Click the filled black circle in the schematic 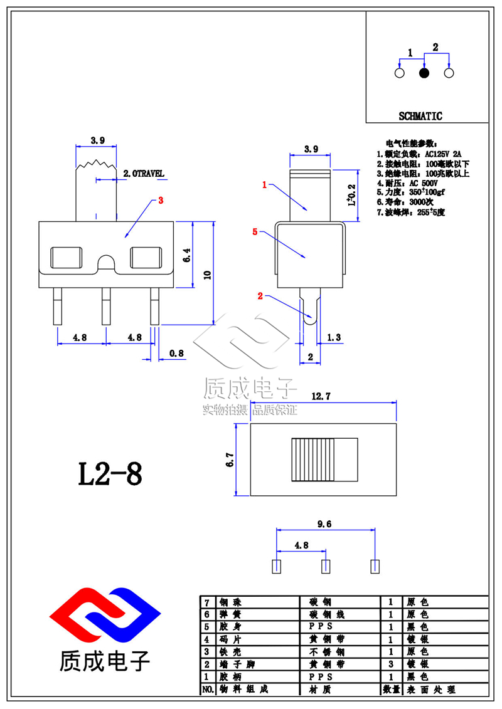click(x=424, y=73)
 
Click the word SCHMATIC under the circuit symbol click(x=420, y=116)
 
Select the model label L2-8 click(x=110, y=475)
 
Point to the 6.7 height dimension click(x=230, y=460)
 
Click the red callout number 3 click(x=161, y=201)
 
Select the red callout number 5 click(x=254, y=231)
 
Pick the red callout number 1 click(x=265, y=185)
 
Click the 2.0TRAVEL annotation click(x=144, y=172)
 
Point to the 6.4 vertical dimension click(x=186, y=255)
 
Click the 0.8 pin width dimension click(x=176, y=354)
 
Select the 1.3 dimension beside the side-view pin click(x=334, y=338)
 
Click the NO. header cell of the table click(x=206, y=690)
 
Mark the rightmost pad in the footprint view click(x=375, y=566)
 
